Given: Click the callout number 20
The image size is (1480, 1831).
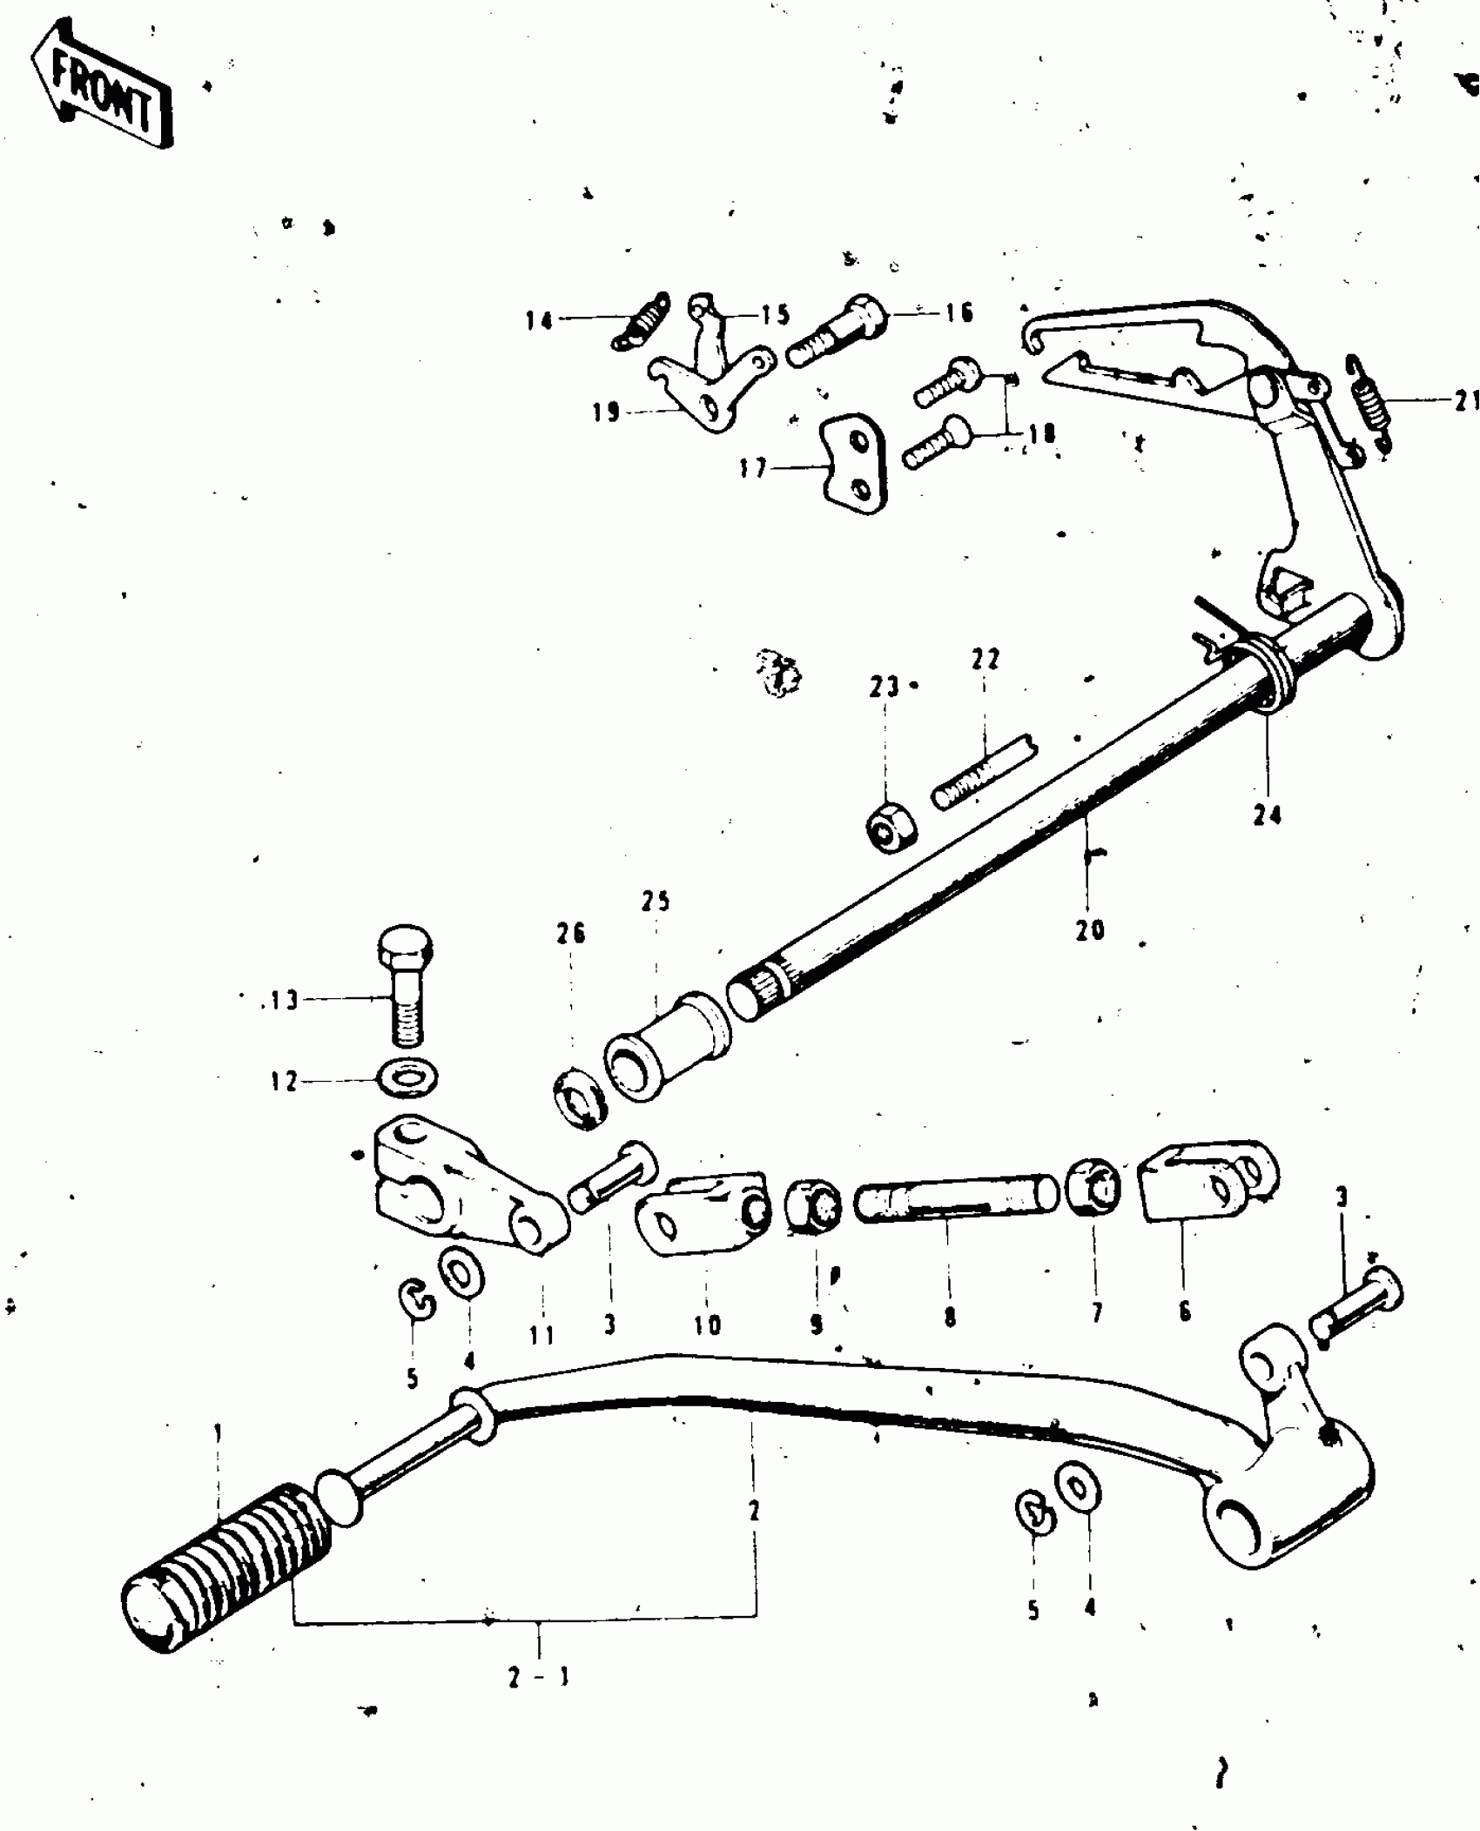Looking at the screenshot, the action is click(1089, 929).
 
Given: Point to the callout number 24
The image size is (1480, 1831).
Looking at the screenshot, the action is click(1267, 816).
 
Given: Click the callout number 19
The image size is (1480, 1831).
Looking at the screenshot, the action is click(606, 412).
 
